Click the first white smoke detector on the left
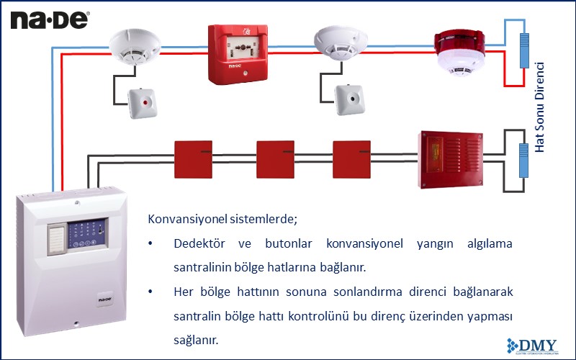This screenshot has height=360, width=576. click(130, 44)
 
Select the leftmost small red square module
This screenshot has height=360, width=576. click(193, 158)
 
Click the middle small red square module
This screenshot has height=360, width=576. click(276, 158)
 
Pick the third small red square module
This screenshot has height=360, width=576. click(351, 158)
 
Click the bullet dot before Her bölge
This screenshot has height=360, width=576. click(150, 292)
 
